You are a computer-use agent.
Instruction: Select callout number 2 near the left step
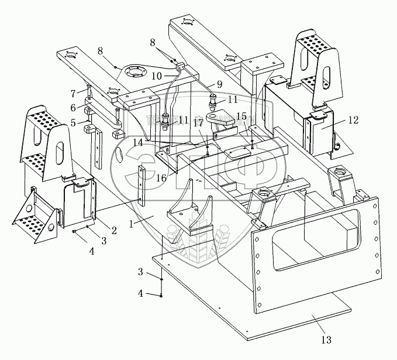pos(114,230)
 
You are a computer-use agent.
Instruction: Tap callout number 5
pos(74,124)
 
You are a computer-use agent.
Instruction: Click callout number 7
pos(74,93)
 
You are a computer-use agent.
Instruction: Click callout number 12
pos(352,121)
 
